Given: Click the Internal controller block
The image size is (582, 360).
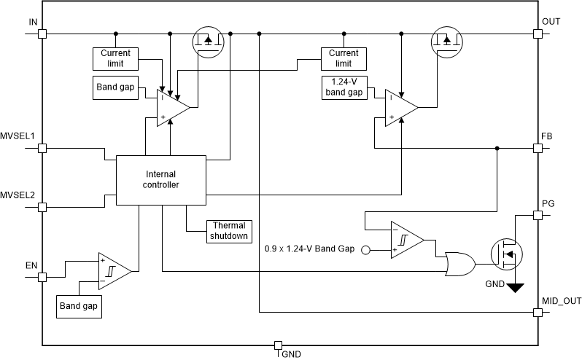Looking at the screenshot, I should (x=162, y=179).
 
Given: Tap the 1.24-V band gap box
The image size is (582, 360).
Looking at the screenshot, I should (x=344, y=87).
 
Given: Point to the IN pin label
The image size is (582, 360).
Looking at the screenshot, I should (x=33, y=22).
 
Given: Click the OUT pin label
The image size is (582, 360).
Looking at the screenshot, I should (x=551, y=22).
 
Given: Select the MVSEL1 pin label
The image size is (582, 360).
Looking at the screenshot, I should (x=18, y=136).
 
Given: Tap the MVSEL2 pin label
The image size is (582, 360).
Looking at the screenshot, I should (x=18, y=195).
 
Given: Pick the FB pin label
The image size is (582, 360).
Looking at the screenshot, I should (x=547, y=136).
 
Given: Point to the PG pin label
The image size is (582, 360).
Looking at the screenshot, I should (x=548, y=203).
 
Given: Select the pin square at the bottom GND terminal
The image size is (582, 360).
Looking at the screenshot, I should (x=277, y=345).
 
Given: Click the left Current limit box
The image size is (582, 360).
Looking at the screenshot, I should (x=115, y=58).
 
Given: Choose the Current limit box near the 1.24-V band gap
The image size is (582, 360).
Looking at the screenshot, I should (x=344, y=58).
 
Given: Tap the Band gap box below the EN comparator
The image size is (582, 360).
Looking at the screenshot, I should (x=79, y=306).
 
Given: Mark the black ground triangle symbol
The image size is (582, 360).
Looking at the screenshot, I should (x=516, y=288).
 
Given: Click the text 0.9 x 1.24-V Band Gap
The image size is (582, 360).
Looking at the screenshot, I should (x=309, y=249).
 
